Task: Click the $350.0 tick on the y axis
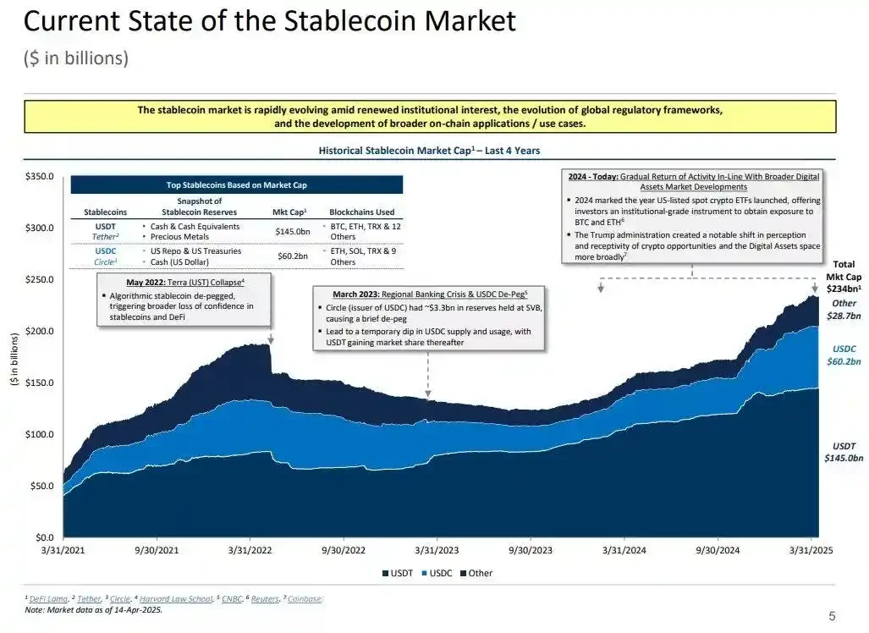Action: point(40,176)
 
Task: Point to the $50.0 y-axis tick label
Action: point(42,487)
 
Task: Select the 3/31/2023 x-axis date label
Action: point(437,549)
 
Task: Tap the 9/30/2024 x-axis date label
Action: point(718,549)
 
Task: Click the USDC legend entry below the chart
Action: point(437,573)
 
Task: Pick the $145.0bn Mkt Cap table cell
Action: point(292,231)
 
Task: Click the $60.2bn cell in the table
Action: point(292,256)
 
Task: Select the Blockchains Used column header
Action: point(361,212)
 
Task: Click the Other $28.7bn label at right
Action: point(844,309)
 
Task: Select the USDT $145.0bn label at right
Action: point(844,452)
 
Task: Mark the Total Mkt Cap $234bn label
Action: point(844,277)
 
